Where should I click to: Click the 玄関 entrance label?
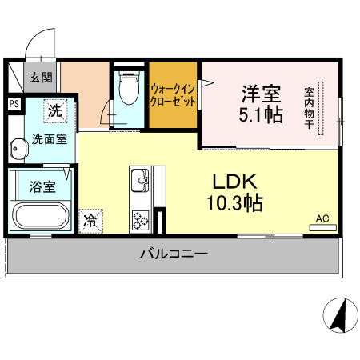[42, 78]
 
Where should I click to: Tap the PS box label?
[14, 103]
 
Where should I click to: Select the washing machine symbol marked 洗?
[54, 111]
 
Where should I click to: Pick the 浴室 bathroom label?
[42, 187]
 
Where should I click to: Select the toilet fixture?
[127, 90]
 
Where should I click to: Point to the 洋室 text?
[261, 90]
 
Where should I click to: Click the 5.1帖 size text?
[261, 114]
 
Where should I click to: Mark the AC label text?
[322, 218]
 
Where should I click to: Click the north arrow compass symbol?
[339, 315]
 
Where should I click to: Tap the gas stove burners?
[141, 217]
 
